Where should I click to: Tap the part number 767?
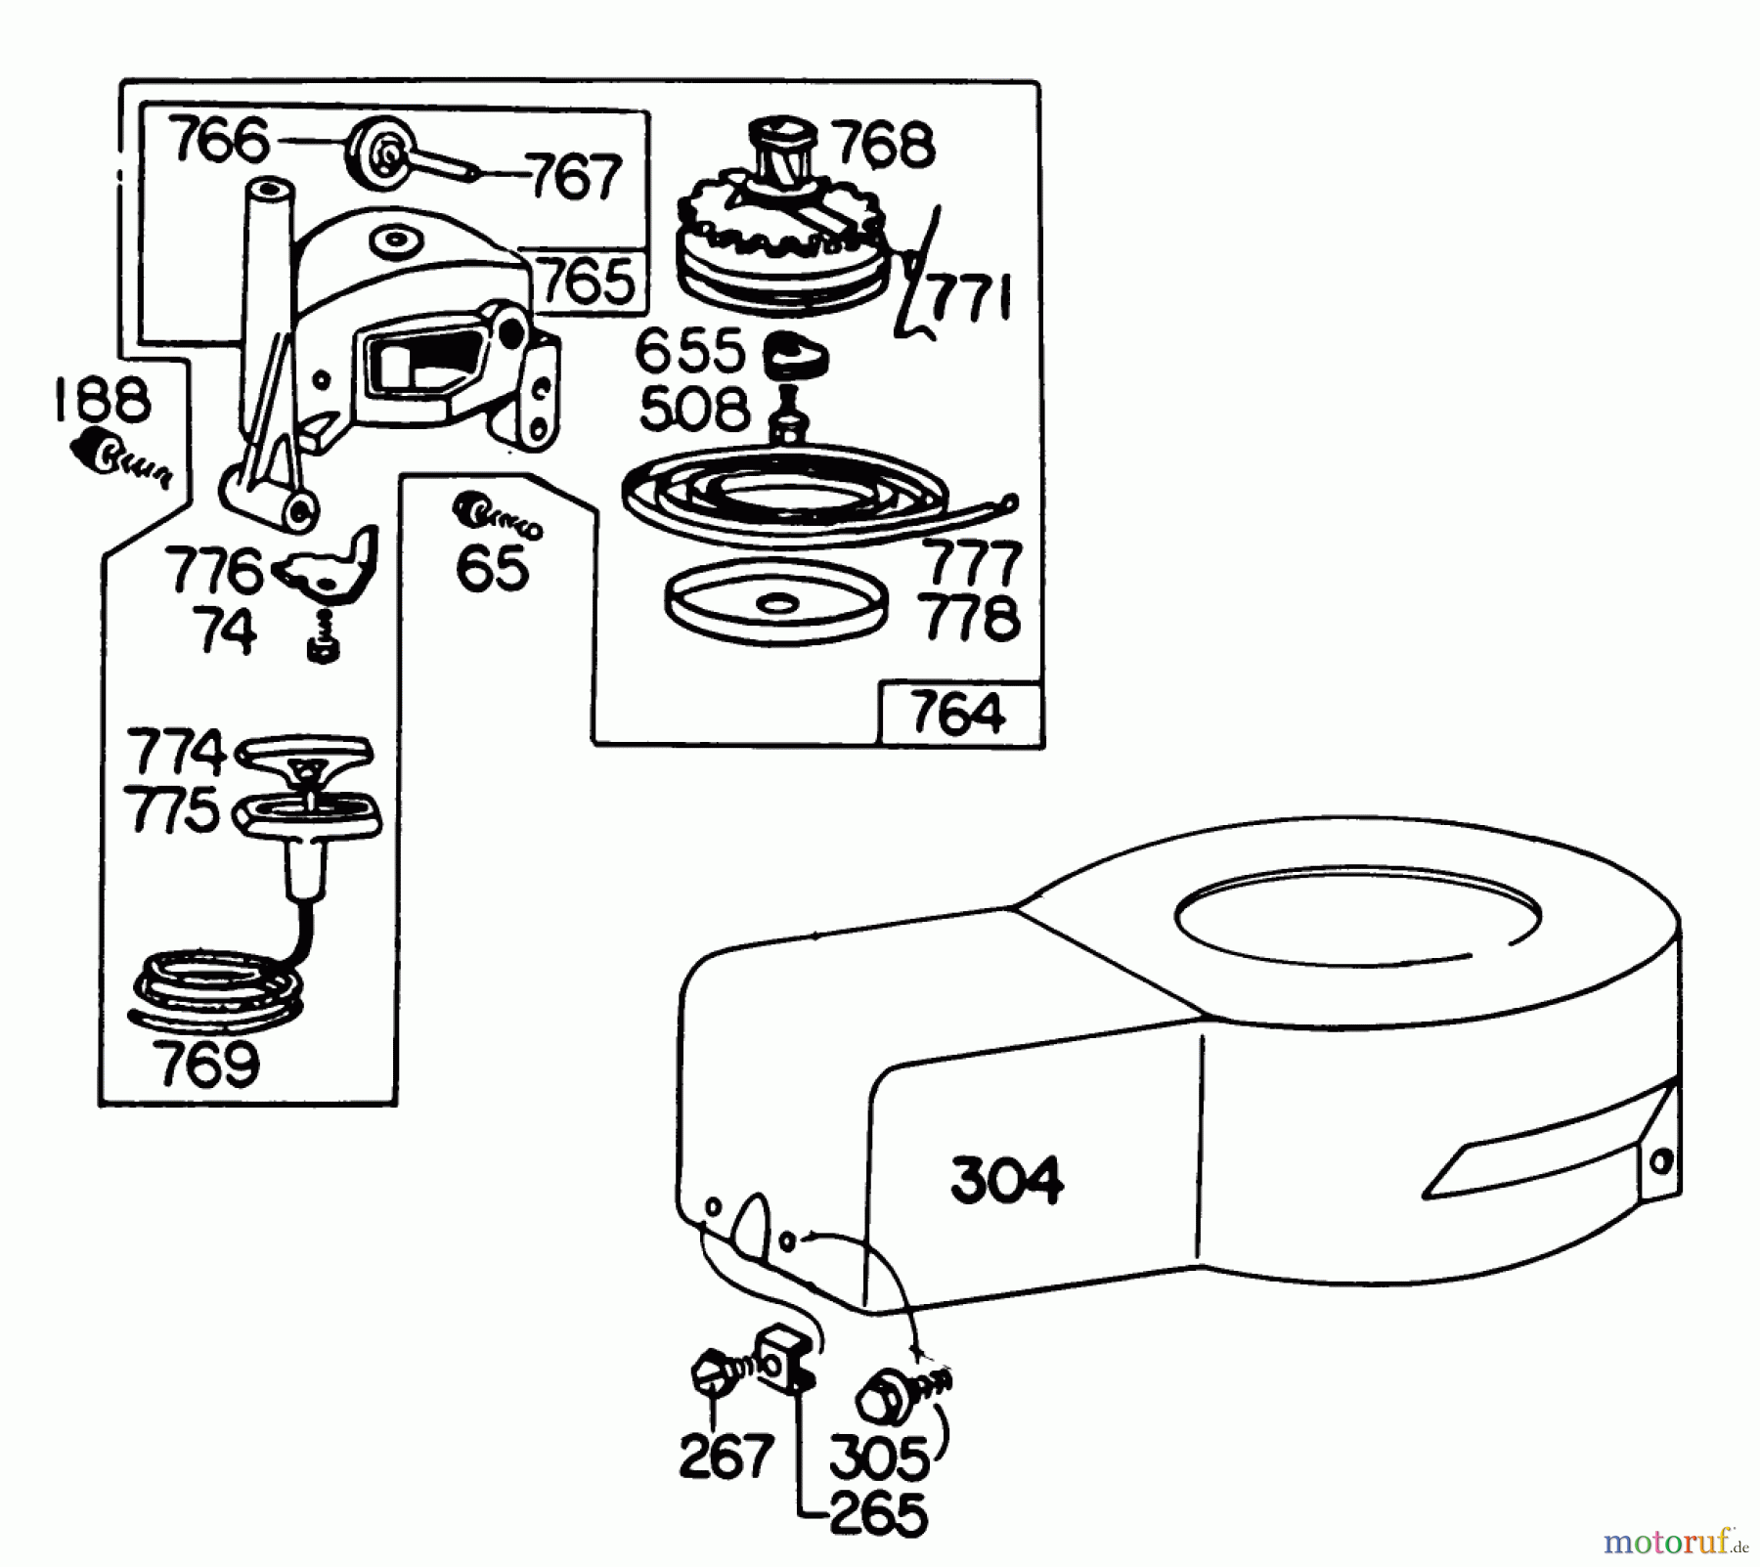click(574, 178)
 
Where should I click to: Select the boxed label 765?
click(587, 283)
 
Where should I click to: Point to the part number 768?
click(883, 146)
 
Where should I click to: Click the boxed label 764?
click(957, 715)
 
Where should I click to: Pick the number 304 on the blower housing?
click(1006, 1181)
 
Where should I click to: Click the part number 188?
click(102, 401)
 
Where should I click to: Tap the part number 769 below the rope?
click(207, 1065)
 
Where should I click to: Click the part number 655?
click(689, 352)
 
